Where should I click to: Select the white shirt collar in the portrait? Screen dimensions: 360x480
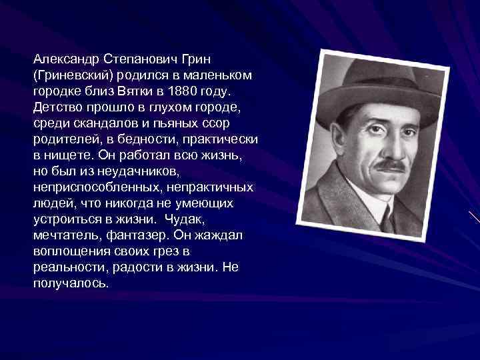point(373,203)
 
